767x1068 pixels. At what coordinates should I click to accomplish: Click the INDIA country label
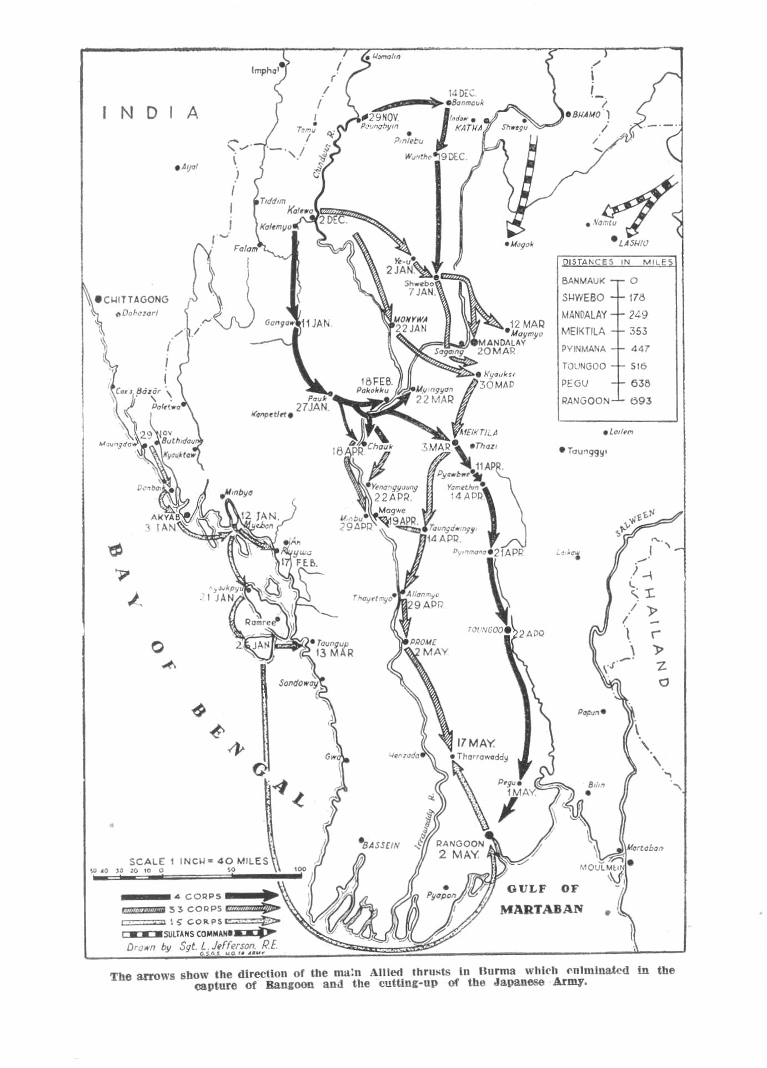click(151, 113)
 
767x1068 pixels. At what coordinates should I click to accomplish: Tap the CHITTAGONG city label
click(136, 299)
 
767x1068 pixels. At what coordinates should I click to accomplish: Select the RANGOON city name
click(459, 844)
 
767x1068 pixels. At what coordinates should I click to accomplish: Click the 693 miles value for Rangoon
click(640, 400)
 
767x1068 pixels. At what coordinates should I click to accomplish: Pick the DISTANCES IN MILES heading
click(618, 262)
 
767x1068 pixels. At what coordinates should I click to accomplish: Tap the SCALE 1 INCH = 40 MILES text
click(198, 861)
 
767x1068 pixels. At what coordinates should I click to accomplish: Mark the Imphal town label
click(264, 71)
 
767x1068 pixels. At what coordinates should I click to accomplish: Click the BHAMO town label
click(586, 115)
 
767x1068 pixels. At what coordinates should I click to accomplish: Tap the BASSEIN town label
click(381, 845)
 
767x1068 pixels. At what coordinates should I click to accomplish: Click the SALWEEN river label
click(635, 523)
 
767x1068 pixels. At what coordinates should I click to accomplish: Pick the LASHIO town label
click(633, 243)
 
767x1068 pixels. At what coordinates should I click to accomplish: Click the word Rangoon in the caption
click(289, 985)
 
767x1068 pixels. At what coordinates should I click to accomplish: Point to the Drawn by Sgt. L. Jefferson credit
click(202, 946)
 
